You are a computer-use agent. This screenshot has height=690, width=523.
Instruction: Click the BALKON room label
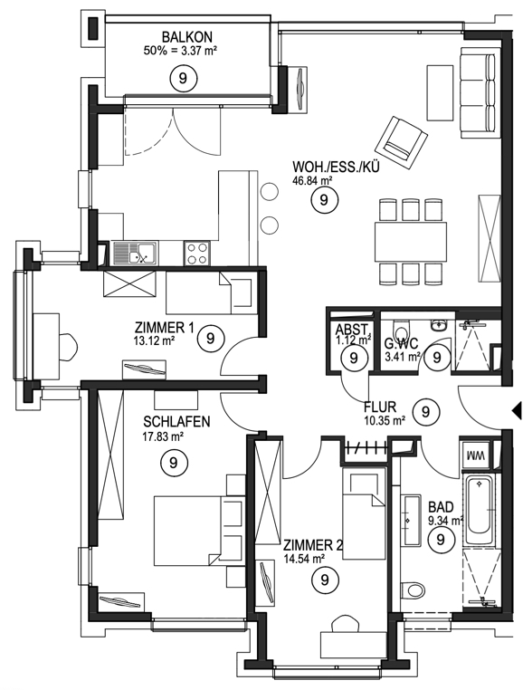pyautogui.click(x=181, y=36)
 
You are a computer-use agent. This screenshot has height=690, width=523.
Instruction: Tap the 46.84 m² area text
pyautogui.click(x=312, y=179)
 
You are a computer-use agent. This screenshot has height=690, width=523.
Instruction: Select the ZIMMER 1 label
pyautogui.click(x=164, y=328)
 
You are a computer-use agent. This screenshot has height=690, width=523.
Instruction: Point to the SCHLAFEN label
pyautogui.click(x=176, y=422)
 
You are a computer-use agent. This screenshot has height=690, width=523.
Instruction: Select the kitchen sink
pyautogui.click(x=134, y=253)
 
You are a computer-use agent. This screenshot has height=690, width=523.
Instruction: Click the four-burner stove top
pyautogui.click(x=196, y=253)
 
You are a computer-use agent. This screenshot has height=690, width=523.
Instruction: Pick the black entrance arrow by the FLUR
pyautogui.click(x=517, y=411)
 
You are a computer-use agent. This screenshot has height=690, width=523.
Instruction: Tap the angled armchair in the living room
pyautogui.click(x=401, y=141)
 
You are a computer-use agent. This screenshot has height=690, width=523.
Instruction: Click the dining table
pyautogui.click(x=411, y=243)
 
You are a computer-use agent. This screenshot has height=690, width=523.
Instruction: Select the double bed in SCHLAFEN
pyautogui.click(x=198, y=531)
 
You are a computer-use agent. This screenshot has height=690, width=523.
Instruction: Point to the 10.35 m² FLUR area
pyautogui.click(x=385, y=420)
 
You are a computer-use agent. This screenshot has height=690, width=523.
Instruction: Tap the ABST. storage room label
pyautogui.click(x=352, y=329)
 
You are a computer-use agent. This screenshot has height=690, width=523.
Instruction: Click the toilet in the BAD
pyautogui.click(x=413, y=589)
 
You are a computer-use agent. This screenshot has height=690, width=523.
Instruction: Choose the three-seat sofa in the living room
pyautogui.click(x=480, y=92)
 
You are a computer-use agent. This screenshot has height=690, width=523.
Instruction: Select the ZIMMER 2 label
pyautogui.click(x=313, y=546)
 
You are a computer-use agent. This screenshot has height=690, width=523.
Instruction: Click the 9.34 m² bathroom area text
pyautogui.click(x=446, y=521)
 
